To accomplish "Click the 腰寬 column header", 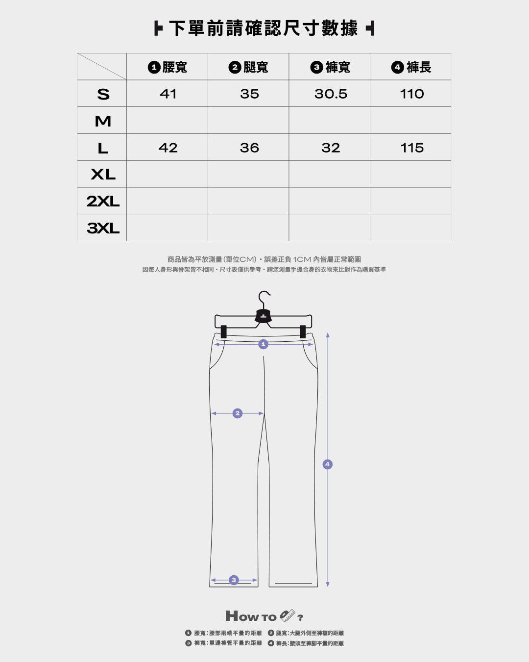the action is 167,67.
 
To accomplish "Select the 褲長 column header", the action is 411,67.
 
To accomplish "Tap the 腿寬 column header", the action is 248,67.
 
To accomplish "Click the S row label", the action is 103,94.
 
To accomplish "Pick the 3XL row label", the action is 103,228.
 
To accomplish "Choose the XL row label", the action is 103,175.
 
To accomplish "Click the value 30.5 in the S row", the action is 331,94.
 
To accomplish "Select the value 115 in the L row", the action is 412,148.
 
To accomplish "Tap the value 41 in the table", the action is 168,94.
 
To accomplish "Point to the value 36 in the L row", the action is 249,148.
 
